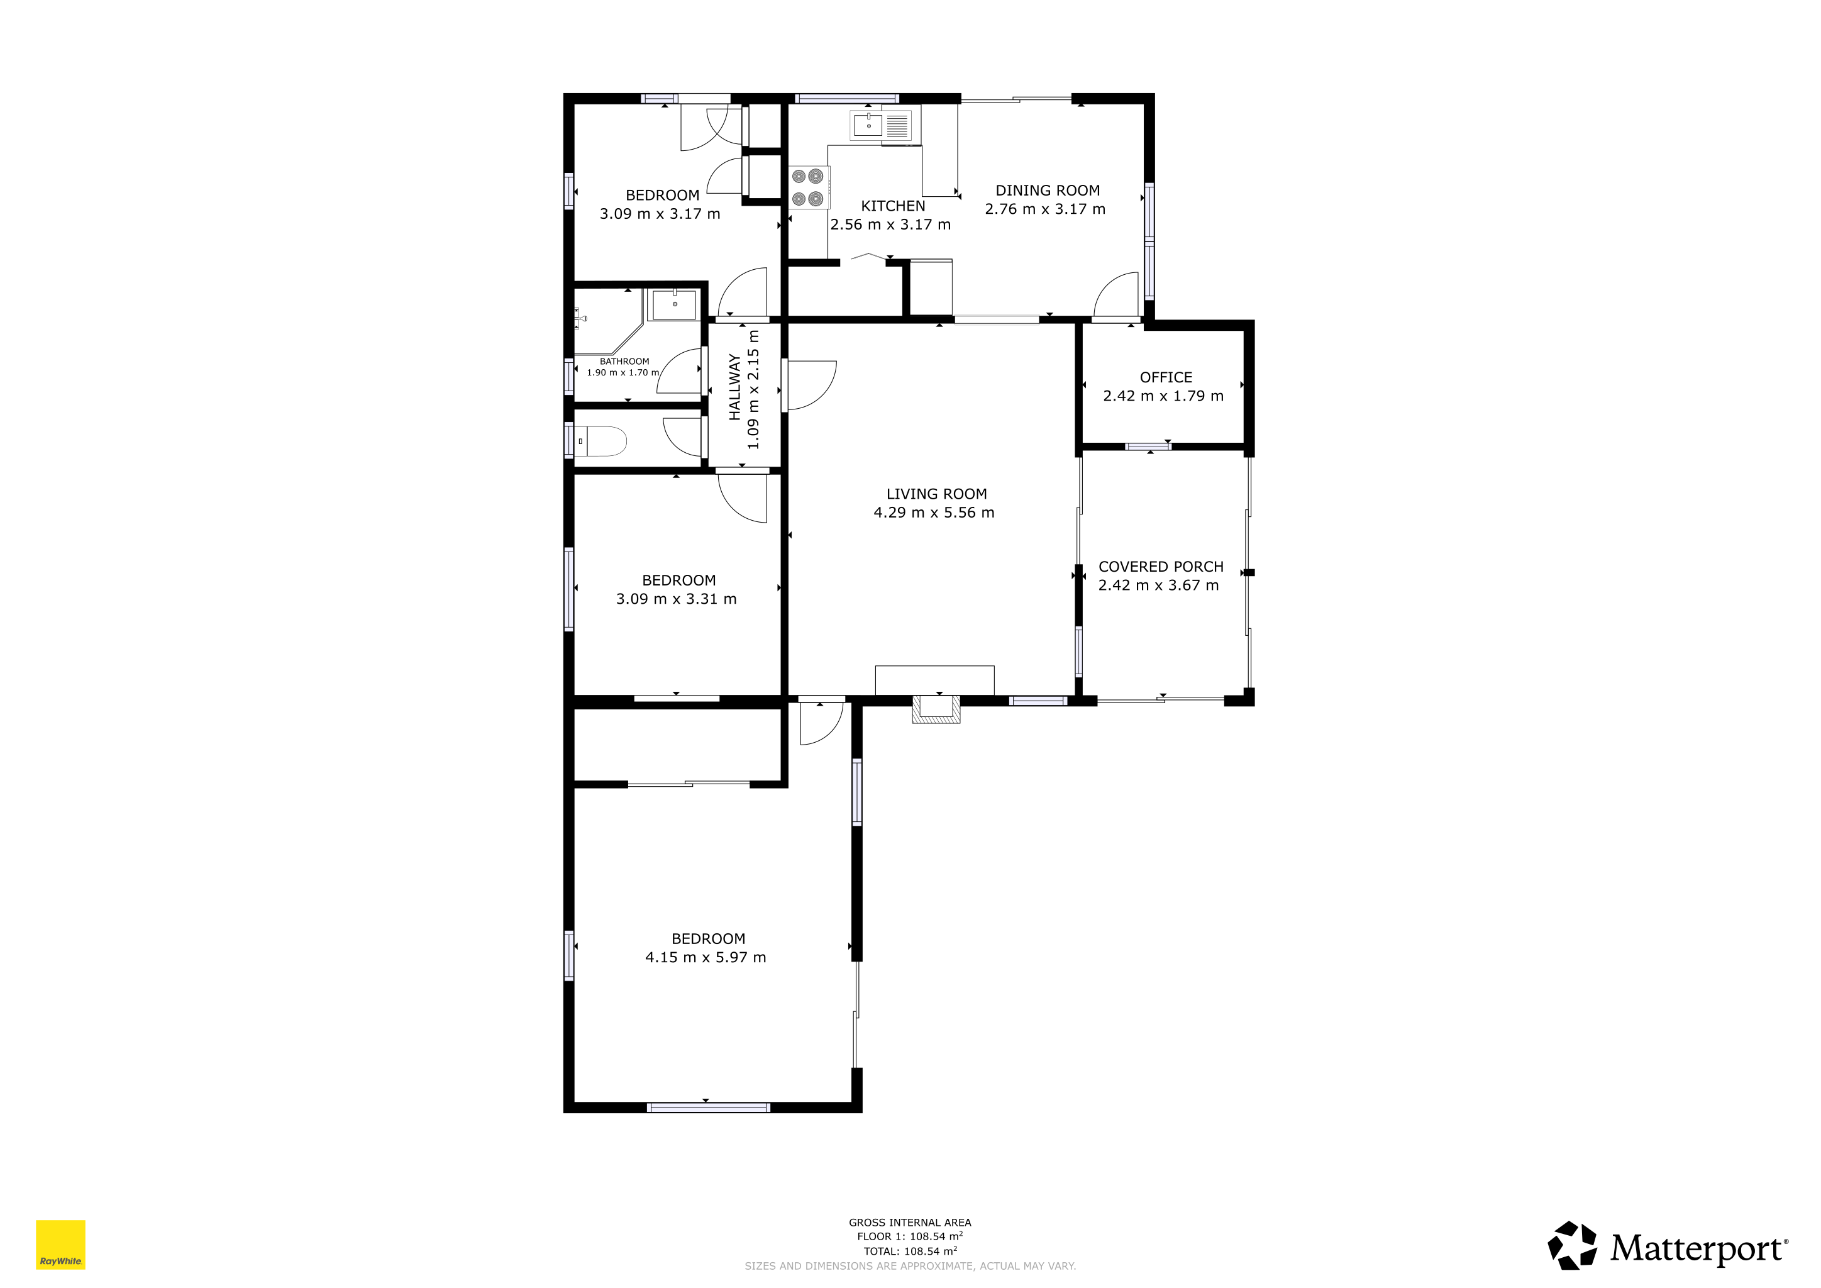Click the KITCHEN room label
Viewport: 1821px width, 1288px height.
pos(893,206)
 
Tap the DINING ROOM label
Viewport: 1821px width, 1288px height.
pos(1048,191)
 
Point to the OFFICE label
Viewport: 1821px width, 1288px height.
pos(1166,377)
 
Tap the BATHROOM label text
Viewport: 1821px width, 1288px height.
pos(624,362)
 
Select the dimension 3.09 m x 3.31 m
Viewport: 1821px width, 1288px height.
pos(677,599)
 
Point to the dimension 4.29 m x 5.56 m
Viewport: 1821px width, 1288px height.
pos(934,513)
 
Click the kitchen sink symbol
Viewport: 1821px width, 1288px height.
pos(880,125)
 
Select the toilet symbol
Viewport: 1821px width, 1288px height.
pos(601,441)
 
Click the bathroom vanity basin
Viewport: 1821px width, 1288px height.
pos(674,304)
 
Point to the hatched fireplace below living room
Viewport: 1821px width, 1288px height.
pos(936,709)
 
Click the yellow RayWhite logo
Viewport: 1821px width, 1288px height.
pos(60,1245)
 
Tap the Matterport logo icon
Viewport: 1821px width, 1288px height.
pos(1573,1245)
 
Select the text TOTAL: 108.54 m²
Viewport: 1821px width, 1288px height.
pos(911,1251)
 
